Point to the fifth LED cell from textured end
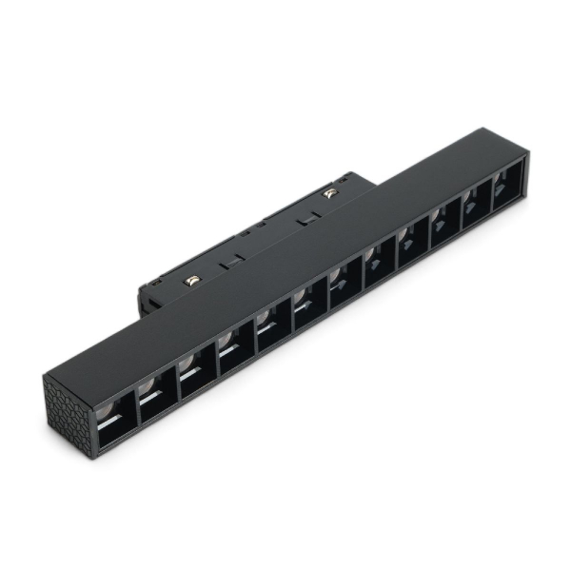point(274,330)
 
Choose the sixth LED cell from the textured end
point(310,309)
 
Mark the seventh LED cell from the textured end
point(345,289)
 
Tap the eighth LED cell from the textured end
point(380,269)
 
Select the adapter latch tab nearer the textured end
point(227,263)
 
